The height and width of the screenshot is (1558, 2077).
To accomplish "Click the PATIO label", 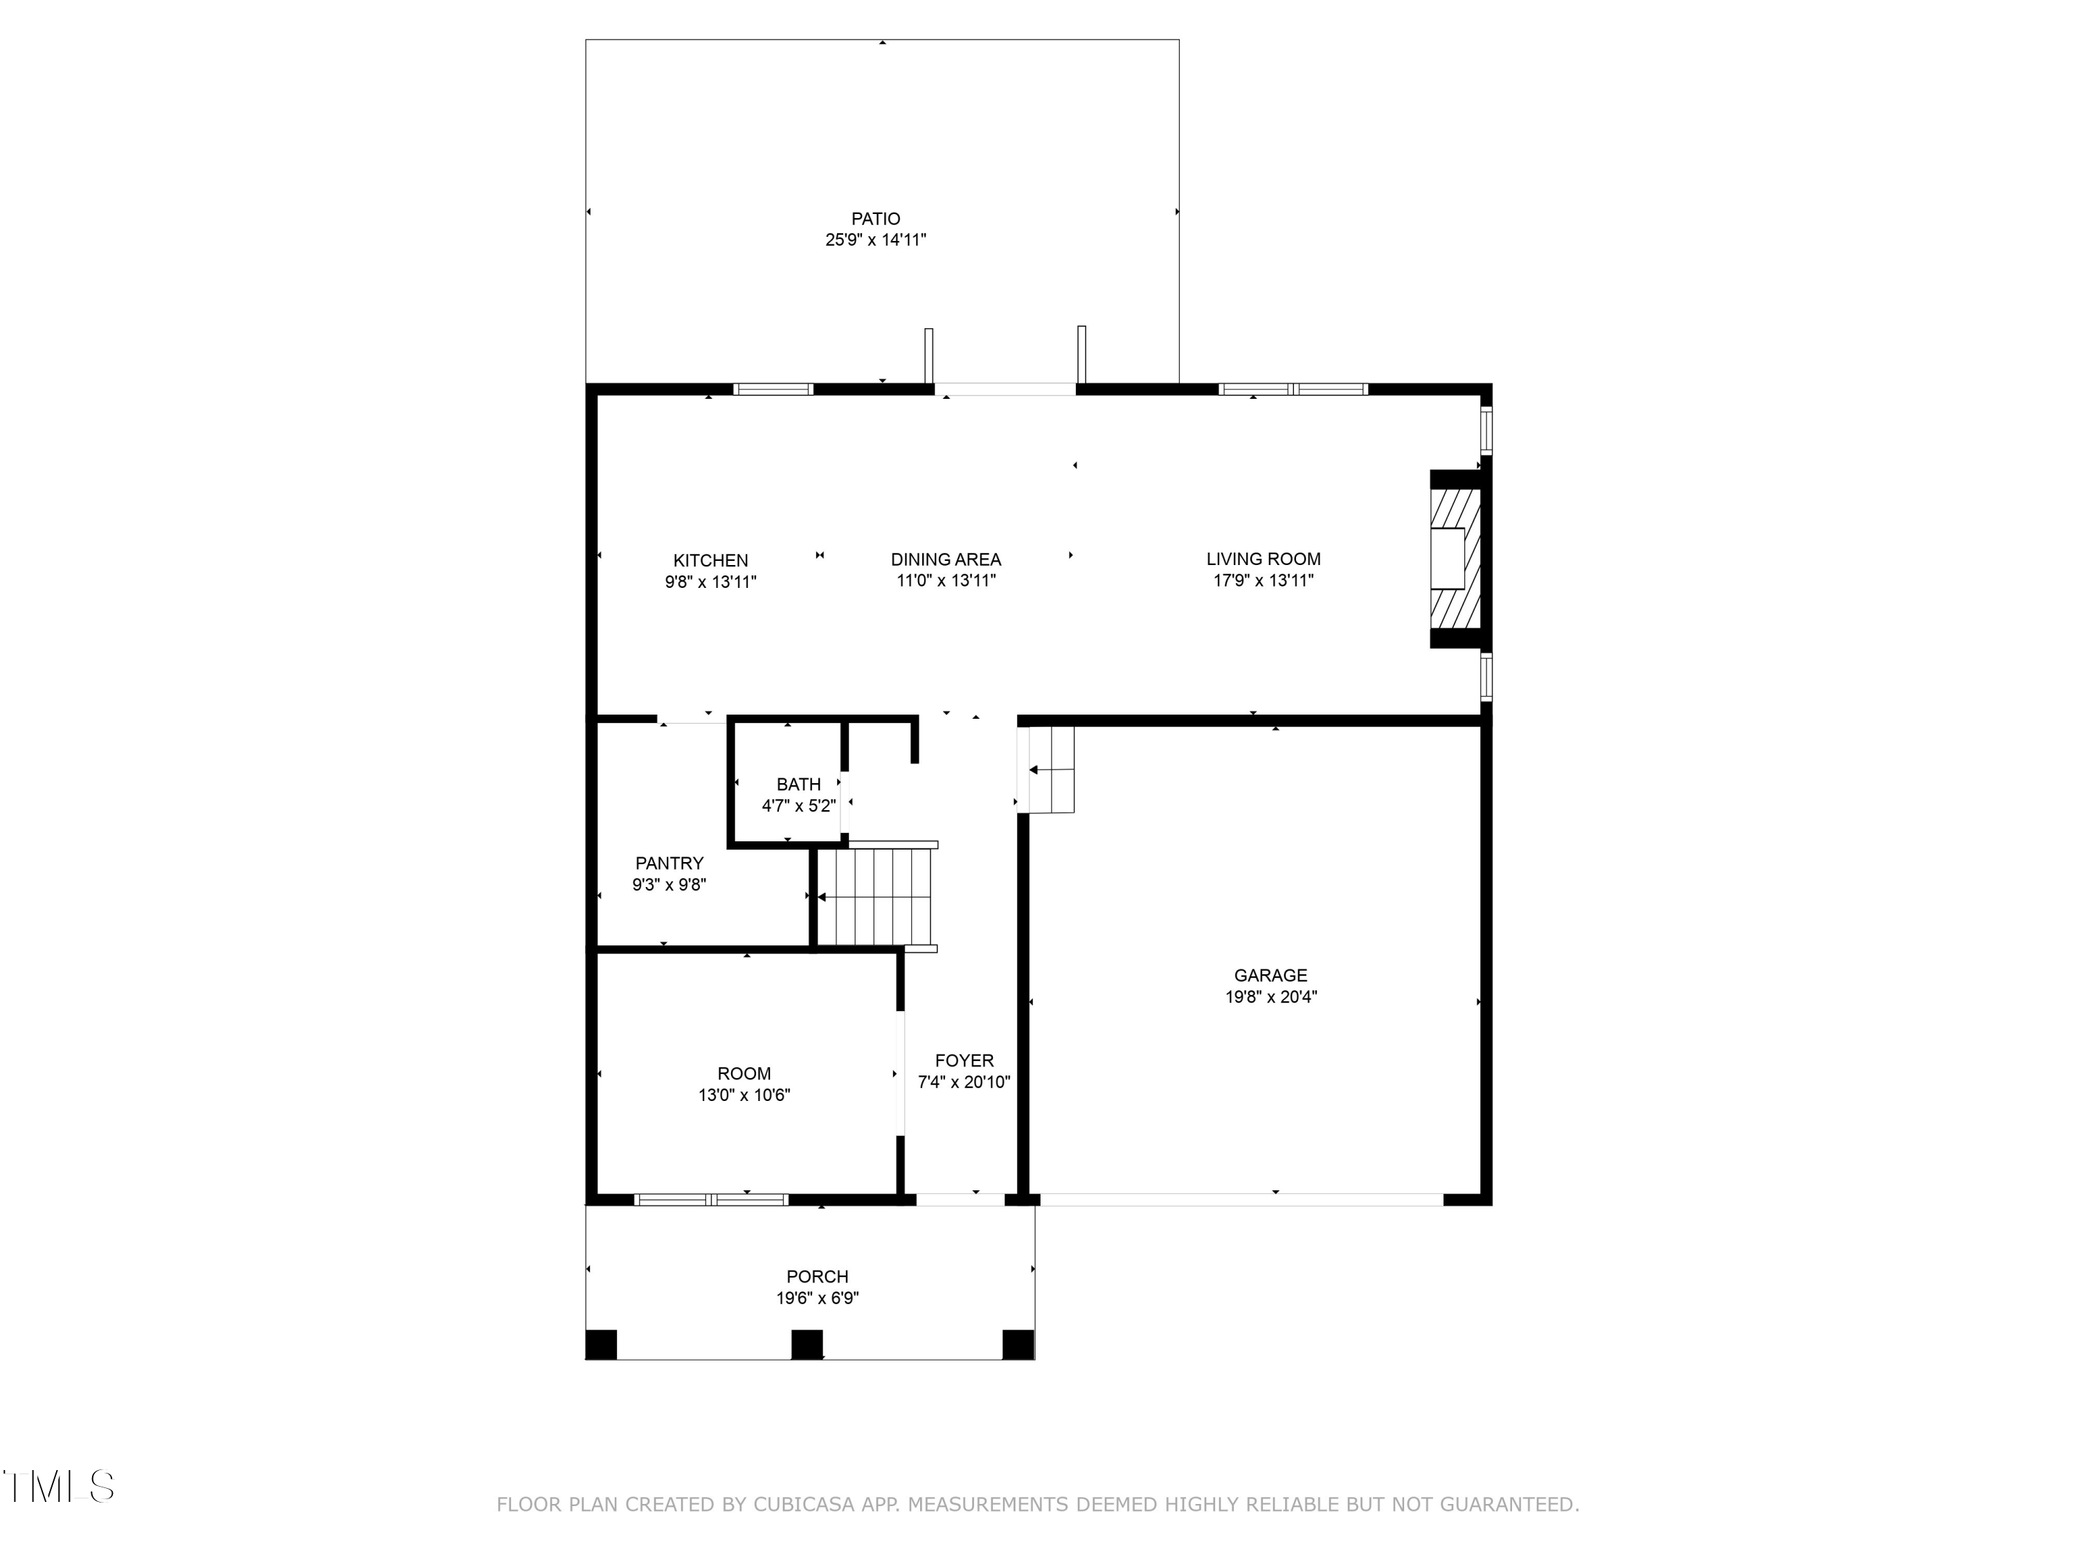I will tap(875, 219).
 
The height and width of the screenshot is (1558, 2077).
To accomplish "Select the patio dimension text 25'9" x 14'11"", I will tap(875, 240).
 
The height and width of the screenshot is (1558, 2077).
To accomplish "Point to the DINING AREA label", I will tap(946, 559).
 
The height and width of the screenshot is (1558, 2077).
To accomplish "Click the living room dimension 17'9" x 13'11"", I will tap(1263, 580).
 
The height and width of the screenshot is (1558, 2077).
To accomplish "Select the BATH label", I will tap(798, 784).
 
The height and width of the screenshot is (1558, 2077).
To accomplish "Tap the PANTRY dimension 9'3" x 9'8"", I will tap(669, 885).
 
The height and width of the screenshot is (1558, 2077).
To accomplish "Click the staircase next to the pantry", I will tap(875, 897).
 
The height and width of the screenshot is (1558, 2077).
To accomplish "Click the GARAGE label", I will tap(1270, 976).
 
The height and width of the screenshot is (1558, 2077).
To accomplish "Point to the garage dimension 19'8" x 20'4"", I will tap(1270, 997).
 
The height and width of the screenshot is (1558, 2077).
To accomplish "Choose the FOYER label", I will tap(964, 1060).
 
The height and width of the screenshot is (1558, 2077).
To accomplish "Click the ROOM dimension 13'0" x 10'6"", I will tap(744, 1095).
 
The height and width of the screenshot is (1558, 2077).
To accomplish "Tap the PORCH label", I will tap(817, 1276).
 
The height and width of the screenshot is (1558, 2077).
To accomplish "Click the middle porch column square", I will tap(807, 1344).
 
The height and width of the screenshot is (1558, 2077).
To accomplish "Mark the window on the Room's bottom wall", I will tap(711, 1199).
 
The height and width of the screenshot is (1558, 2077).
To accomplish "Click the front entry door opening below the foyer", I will tap(960, 1199).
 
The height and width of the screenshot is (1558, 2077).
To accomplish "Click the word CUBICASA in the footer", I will tap(803, 1505).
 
